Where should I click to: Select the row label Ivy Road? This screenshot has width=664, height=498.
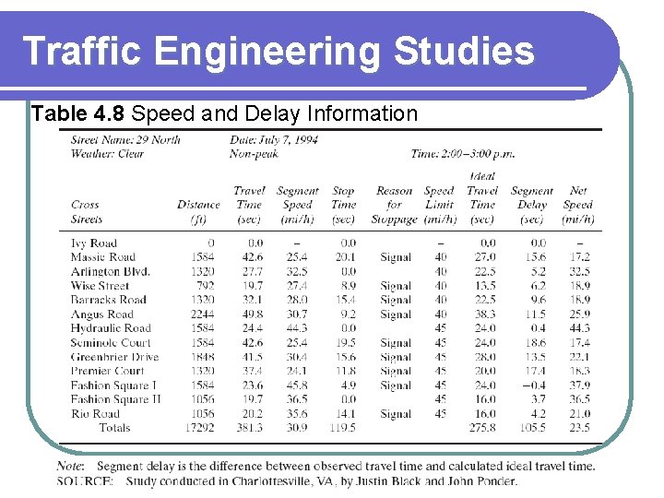coord(93,243)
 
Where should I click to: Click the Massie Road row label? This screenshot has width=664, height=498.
coord(102,257)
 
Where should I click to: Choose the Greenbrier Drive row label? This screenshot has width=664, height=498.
coord(114,357)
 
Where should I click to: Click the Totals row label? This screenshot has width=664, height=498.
coord(114,428)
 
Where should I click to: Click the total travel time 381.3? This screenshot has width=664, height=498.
coord(248,428)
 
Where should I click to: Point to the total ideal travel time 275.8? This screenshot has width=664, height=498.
coord(481,428)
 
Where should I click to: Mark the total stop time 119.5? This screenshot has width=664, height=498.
coord(342,428)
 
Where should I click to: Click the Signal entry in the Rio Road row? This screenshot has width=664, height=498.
coord(395,414)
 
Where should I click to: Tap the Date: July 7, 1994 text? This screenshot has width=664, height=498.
coord(274,140)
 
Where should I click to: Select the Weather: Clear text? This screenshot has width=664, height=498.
coord(107,154)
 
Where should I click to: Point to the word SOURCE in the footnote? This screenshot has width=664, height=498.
coord(85,480)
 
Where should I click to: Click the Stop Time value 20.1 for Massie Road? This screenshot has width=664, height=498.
coord(343,257)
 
